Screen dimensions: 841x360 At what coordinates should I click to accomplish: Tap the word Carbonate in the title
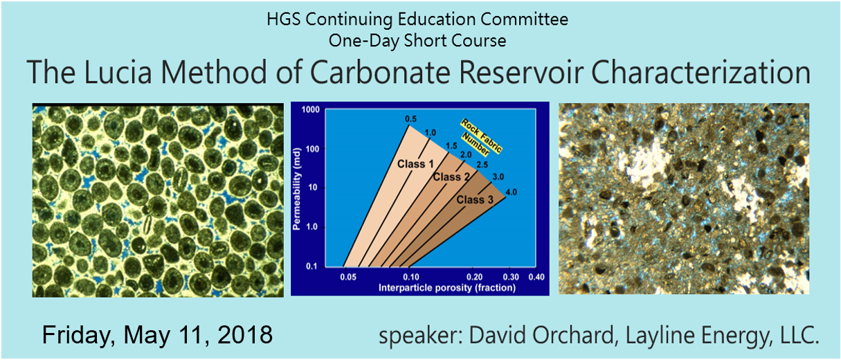(380, 72)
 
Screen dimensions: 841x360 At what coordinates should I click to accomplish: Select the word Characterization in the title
(701, 72)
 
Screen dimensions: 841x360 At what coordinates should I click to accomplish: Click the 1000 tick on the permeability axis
(311, 109)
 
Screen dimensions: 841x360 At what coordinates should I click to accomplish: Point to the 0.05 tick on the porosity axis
(348, 277)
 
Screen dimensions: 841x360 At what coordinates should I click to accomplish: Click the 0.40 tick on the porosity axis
(536, 277)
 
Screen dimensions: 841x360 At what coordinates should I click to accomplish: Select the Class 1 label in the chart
(415, 164)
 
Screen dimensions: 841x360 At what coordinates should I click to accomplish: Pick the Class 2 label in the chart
(451, 177)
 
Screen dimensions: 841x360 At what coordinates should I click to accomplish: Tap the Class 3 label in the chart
(475, 199)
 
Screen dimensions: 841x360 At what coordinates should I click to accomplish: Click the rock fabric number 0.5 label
(410, 119)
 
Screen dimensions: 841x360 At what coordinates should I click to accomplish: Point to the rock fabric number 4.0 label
(511, 192)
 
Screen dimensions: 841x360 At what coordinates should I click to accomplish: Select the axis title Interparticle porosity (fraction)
(446, 288)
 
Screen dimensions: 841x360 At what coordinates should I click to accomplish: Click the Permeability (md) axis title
(297, 189)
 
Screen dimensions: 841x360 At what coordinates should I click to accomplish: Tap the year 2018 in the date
(245, 334)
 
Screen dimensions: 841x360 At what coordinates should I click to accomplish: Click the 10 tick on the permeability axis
(313, 188)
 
